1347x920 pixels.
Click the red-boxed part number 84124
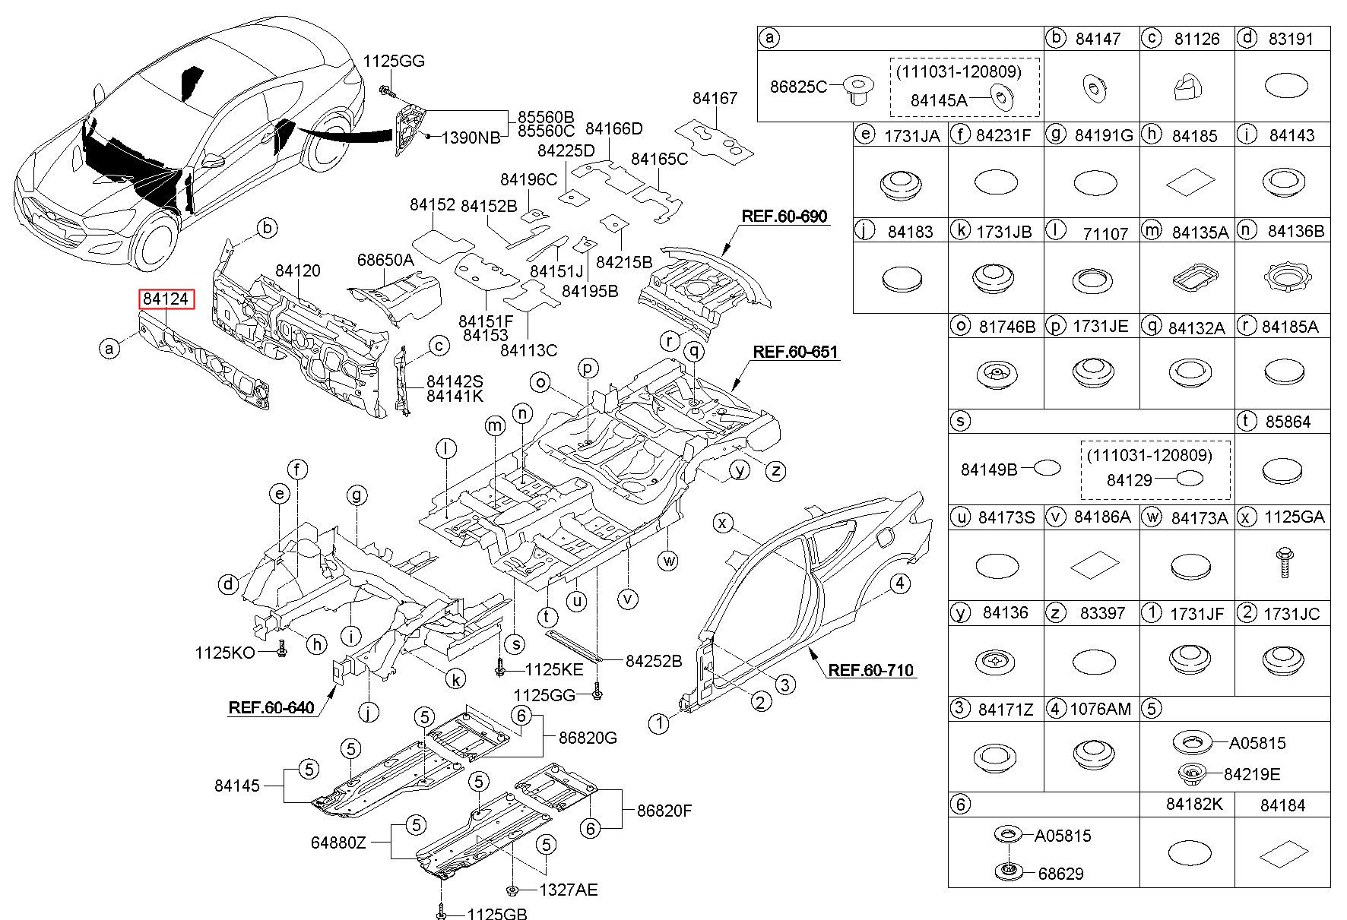pos(166,299)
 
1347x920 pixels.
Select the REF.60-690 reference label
pos(784,217)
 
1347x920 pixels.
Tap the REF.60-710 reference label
pos(870,670)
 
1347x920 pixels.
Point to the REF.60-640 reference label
pos(271,708)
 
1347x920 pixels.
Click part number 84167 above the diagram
pos(715,98)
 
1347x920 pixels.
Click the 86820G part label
pos(588,737)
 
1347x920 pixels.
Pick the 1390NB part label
pos(471,138)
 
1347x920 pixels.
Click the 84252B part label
pos(654,661)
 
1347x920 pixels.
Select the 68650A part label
pos(386,260)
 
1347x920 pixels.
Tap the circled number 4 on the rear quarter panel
pos(900,583)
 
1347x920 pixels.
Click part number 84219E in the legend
pos(1252,774)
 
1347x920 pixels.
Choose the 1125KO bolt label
pos(225,653)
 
